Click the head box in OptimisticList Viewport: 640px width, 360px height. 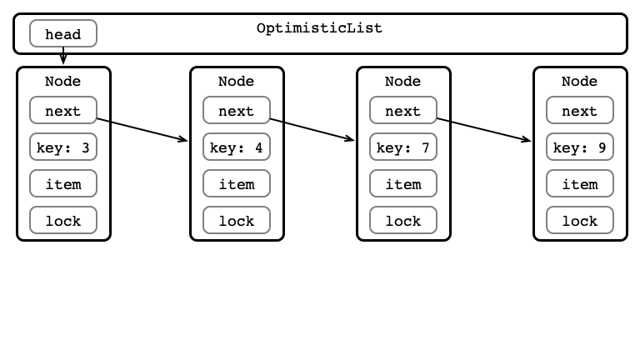point(63,33)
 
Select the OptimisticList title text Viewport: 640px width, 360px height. point(319,28)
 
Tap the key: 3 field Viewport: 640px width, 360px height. point(63,147)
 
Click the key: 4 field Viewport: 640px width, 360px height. point(237,147)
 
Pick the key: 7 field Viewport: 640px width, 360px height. point(403,147)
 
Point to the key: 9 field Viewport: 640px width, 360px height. point(580,147)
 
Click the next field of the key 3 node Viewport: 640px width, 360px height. point(63,110)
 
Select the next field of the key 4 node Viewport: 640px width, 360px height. point(237,110)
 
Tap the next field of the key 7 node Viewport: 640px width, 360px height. point(403,110)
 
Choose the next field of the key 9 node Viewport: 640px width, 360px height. point(580,110)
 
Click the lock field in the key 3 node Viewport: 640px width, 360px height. point(63,220)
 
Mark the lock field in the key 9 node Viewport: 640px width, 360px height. point(580,220)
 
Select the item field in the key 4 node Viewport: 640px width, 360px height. point(237,183)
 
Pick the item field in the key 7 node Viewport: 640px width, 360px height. point(403,183)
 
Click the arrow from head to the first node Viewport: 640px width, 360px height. point(63,56)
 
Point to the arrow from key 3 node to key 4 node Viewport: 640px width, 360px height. point(142,130)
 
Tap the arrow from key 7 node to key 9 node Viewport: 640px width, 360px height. point(484,130)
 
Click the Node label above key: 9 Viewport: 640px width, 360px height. point(580,81)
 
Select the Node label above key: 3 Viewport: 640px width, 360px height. point(62,81)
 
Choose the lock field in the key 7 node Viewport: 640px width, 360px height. point(403,220)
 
